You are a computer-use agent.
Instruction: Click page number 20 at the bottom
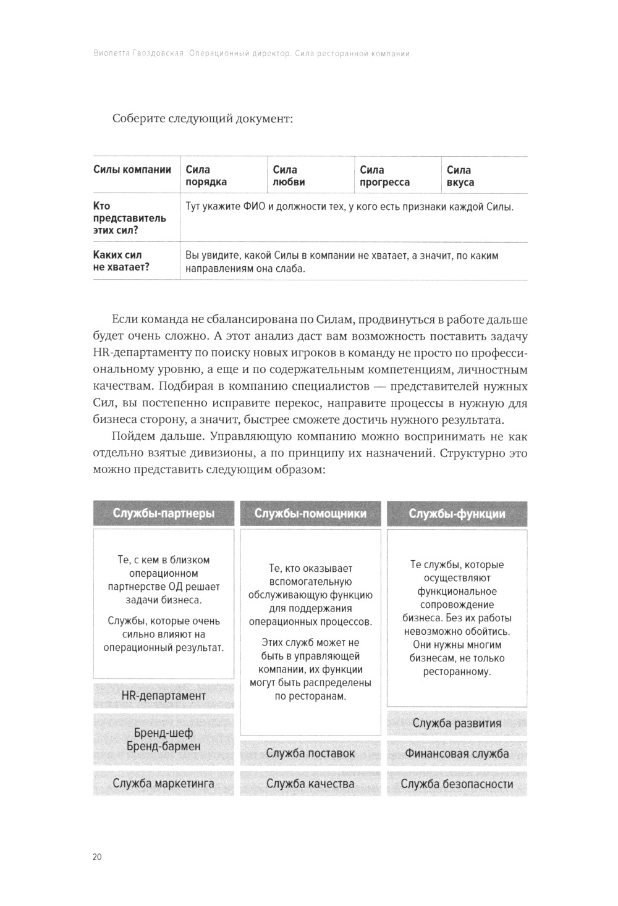(97, 857)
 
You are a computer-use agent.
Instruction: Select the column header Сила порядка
(206, 176)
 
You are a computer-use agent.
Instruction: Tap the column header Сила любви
(289, 176)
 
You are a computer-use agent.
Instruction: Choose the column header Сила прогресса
(384, 176)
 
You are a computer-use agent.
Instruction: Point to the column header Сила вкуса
(460, 176)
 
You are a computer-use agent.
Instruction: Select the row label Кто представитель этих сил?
(121, 218)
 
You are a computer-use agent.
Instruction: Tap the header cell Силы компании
(132, 170)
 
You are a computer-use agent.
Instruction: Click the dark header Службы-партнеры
(164, 514)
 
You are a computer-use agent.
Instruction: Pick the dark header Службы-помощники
(310, 514)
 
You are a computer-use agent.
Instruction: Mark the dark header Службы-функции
(457, 514)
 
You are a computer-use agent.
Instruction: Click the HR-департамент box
(164, 696)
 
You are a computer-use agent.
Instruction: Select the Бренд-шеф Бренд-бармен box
(164, 739)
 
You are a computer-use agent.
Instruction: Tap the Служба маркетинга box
(164, 784)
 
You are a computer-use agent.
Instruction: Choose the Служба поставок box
(310, 753)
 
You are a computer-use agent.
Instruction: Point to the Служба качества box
(310, 784)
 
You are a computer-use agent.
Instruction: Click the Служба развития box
(457, 723)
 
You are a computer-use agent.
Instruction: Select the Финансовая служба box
(457, 753)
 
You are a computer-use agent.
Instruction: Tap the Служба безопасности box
(457, 784)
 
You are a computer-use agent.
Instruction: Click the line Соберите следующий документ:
(202, 119)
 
